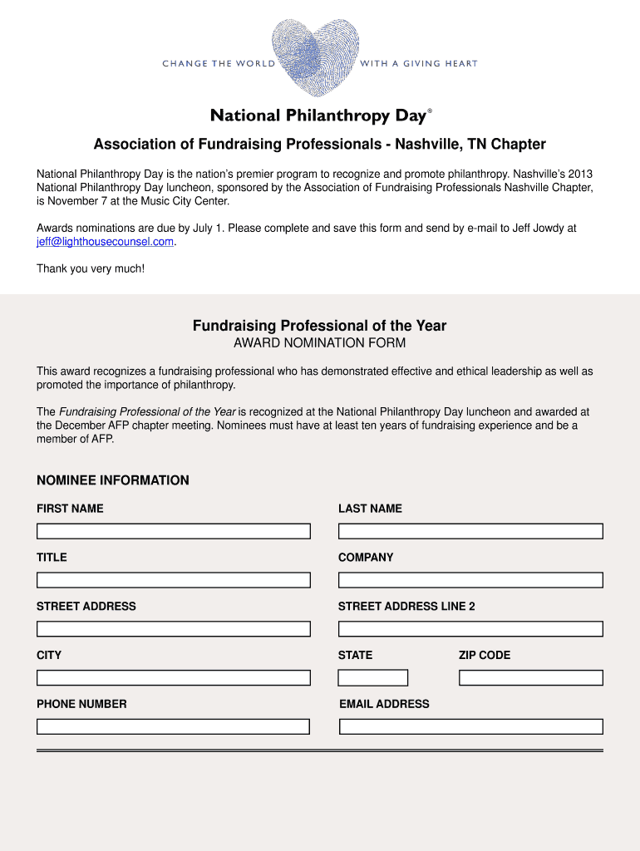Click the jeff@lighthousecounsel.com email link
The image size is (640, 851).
(106, 242)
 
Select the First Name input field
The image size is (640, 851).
(173, 531)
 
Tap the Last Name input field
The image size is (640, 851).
(470, 531)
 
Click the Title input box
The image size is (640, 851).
(173, 580)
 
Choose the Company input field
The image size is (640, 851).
(470, 580)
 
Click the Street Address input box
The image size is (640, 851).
(173, 629)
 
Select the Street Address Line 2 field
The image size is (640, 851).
(470, 629)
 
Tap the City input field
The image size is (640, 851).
(173, 678)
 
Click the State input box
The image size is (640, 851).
(373, 678)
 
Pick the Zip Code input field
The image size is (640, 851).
(530, 678)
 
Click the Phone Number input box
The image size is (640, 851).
(173, 726)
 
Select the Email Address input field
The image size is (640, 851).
(470, 726)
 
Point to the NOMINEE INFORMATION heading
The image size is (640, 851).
(113, 480)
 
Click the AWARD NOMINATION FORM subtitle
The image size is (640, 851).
(319, 343)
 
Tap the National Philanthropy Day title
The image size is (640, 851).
(318, 116)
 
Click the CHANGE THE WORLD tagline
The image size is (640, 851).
(218, 64)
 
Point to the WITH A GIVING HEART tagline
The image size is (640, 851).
(419, 64)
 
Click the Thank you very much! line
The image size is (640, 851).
(91, 268)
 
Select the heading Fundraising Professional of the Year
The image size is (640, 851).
(319, 326)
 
